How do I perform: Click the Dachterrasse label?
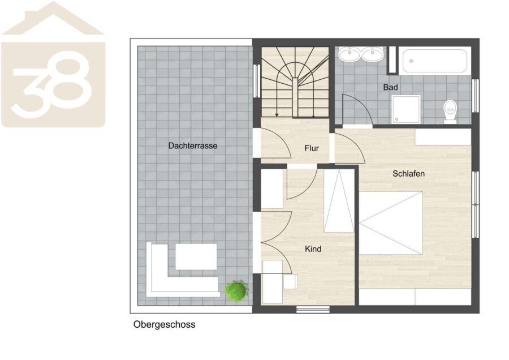(x=192, y=145)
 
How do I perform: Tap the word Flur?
(x=312, y=148)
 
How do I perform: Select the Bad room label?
(x=390, y=87)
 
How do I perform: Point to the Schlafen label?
(x=408, y=174)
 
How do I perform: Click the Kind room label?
(x=313, y=249)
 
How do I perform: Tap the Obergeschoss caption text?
(x=164, y=324)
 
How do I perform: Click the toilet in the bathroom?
(x=450, y=111)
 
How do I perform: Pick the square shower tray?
(x=406, y=109)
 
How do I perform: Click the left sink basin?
(x=350, y=54)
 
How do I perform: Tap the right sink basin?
(x=373, y=54)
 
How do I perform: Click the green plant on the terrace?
(x=236, y=291)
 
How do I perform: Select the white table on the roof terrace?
(x=196, y=256)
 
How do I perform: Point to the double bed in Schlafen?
(x=390, y=223)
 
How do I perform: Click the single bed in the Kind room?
(x=339, y=200)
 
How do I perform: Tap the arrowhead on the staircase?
(x=277, y=114)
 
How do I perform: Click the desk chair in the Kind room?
(x=290, y=282)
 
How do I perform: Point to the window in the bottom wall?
(x=313, y=310)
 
